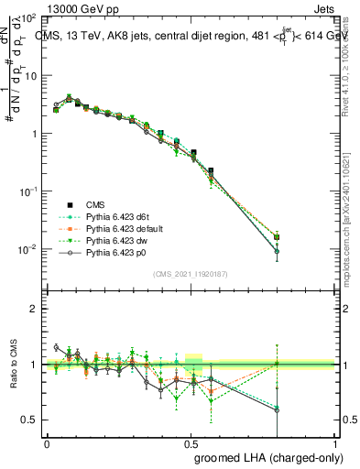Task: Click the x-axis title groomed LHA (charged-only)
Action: [x=265, y=455]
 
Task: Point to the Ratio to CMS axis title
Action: [x=11, y=365]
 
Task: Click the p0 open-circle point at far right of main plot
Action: [x=277, y=251]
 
